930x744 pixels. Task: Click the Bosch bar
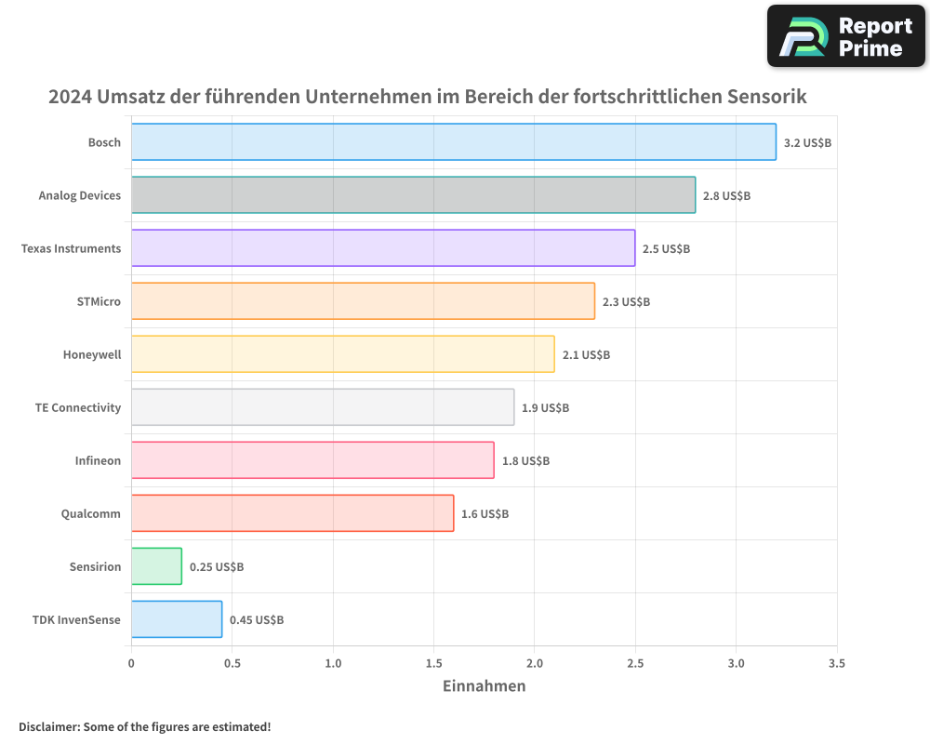453,142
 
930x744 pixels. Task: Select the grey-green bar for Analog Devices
413,195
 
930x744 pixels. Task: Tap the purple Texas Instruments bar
382,248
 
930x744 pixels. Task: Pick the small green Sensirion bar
156,566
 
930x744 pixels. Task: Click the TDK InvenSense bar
177,619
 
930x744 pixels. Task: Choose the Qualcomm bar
292,513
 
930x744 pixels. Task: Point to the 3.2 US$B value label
807,143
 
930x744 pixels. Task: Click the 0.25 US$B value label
217,567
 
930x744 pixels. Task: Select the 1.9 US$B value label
545,408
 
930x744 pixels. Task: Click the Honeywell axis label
92,354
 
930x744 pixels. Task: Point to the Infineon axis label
98,460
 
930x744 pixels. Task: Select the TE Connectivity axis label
78,407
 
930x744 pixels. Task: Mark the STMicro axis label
99,301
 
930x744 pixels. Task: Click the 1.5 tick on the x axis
433,664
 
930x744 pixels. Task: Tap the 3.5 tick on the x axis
836,664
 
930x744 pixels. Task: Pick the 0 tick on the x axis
131,664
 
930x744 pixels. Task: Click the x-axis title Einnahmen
484,686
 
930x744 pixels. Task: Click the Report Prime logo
846,36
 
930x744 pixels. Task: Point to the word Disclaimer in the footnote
48,726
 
